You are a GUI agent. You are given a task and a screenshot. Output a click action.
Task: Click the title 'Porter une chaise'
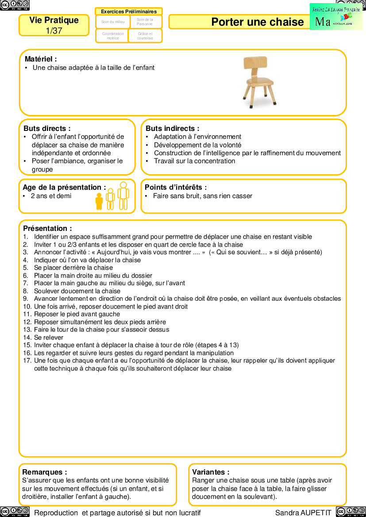click(x=257, y=22)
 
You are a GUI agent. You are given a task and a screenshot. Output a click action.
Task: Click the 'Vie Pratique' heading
click(x=54, y=20)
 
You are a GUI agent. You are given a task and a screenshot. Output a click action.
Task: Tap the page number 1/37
click(x=54, y=31)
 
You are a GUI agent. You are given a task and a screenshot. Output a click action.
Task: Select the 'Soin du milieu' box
click(x=113, y=22)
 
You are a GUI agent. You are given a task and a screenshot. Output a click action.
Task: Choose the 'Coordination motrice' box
click(x=113, y=36)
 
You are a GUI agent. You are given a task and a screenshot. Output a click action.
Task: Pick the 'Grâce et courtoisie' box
click(x=145, y=36)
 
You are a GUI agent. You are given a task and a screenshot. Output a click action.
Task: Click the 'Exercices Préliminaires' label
click(x=129, y=11)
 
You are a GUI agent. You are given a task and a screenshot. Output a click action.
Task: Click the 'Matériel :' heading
click(x=41, y=59)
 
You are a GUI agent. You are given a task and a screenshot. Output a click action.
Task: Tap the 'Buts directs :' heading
click(x=47, y=129)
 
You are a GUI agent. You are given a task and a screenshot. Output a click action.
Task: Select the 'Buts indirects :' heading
click(x=172, y=129)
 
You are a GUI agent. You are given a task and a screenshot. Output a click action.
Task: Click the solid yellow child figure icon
click(x=99, y=201)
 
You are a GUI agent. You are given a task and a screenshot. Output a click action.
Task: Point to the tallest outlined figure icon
click(x=123, y=196)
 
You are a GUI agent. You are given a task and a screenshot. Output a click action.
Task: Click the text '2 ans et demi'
click(x=51, y=196)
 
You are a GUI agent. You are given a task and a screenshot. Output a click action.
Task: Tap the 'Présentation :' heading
click(x=47, y=229)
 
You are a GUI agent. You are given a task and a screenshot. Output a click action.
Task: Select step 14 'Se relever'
click(x=49, y=337)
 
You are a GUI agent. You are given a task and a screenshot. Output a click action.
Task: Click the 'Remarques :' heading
click(x=45, y=472)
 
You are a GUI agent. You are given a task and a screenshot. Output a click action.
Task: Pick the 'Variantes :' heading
click(x=211, y=472)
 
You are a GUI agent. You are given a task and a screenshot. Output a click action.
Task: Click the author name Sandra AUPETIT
click(x=303, y=513)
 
